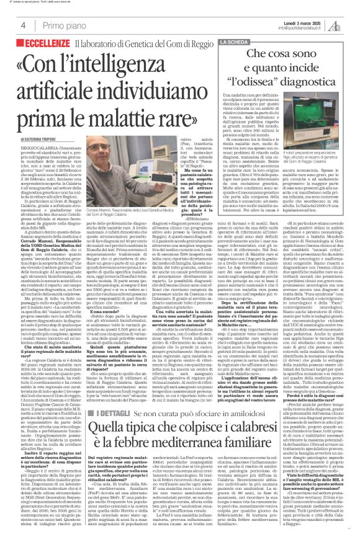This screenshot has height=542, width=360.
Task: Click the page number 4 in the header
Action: pyautogui.click(x=22, y=25)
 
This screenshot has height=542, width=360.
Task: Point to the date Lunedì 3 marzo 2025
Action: pyautogui.click(x=291, y=22)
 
